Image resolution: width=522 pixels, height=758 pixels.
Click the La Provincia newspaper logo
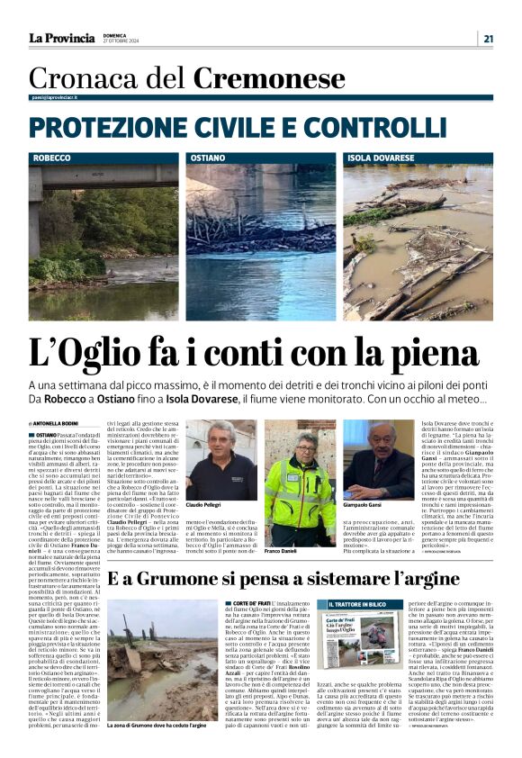[x=61, y=38]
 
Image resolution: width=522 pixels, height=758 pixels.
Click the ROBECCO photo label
[x=51, y=158]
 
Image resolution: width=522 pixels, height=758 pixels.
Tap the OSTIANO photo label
[x=208, y=158]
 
